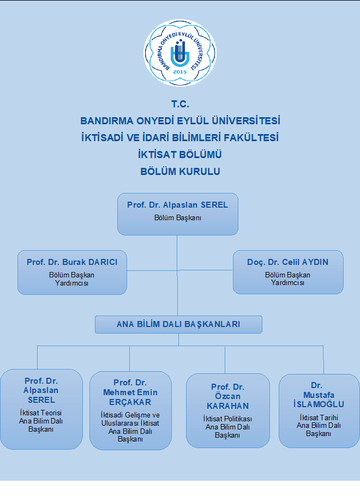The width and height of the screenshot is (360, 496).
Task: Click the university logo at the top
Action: point(180,52)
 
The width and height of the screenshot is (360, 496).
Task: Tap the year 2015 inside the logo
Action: point(180,72)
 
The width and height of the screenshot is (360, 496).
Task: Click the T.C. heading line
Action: point(180,104)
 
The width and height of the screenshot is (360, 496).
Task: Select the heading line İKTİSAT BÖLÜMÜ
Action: point(180,155)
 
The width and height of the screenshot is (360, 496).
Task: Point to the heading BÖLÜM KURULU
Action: point(180,172)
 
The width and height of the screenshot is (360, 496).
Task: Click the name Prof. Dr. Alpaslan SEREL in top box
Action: point(178,205)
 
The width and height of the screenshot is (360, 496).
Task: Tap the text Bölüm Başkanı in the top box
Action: point(178,217)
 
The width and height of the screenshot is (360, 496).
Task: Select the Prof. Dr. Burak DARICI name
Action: point(72,262)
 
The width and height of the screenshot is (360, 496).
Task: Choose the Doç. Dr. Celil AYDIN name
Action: point(288,262)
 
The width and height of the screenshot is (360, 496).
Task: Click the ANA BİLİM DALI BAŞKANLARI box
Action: point(178,324)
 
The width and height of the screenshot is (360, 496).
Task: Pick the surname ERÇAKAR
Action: point(130,402)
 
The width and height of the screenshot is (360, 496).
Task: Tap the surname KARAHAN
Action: point(227,406)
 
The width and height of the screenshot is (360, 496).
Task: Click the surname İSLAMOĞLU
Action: point(319,404)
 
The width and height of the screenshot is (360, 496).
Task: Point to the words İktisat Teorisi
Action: point(41,413)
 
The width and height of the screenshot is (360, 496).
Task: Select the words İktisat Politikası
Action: point(227,419)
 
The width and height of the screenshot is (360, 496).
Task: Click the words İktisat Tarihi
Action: point(319,418)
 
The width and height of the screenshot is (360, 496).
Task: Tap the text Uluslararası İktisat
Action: point(130,423)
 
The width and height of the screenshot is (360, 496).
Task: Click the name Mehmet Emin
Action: point(130,392)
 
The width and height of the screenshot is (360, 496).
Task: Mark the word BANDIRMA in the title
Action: point(107,121)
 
